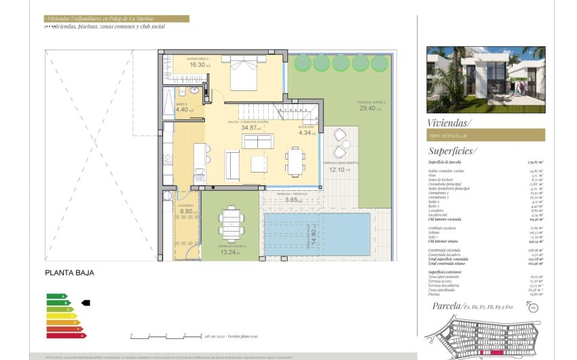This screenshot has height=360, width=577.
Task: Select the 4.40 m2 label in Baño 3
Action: pos(183,109)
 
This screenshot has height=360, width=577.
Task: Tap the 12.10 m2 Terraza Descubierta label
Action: pos(337,169)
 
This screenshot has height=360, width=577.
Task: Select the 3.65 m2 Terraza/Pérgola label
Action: pos(293,200)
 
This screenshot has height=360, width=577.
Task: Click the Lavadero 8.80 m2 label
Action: pos(187,211)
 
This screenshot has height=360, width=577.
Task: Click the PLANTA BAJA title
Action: pos(69,273)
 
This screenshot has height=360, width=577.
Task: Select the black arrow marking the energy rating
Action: pos(85,303)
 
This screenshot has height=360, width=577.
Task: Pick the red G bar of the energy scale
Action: pos(66,335)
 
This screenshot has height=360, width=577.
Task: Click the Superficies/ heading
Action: pos(452,151)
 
